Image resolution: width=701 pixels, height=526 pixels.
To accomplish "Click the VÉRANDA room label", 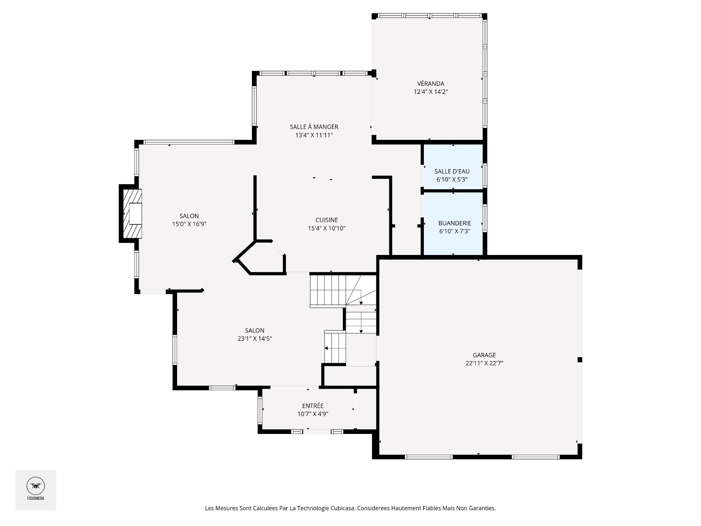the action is click(430, 84).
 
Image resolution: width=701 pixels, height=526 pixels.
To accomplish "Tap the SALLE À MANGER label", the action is click(314, 127).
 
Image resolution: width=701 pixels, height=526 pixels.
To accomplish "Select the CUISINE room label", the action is click(327, 220).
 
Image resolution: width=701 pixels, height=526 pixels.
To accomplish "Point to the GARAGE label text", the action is click(484, 355).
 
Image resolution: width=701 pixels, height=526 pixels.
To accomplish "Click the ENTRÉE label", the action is click(313, 406).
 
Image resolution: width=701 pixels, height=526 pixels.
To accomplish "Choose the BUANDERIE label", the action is click(455, 223).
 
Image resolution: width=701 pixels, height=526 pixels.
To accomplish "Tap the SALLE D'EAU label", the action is click(452, 171).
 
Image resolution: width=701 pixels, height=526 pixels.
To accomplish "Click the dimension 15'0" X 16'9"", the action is click(189, 224).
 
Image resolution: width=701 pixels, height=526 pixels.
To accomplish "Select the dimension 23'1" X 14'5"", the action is click(255, 339).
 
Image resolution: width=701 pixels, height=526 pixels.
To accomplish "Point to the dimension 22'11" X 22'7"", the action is click(484, 363).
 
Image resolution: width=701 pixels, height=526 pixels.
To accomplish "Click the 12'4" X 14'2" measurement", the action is click(431, 92).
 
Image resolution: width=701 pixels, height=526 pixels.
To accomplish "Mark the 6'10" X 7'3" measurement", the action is click(455, 231).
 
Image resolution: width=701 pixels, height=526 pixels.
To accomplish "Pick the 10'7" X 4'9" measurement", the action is click(313, 414).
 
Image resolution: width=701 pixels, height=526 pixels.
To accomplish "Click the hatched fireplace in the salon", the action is click(132, 213).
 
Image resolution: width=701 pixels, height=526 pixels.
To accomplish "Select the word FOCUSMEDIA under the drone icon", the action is click(35, 498).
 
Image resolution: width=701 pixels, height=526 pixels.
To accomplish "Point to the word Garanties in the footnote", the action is click(482, 508).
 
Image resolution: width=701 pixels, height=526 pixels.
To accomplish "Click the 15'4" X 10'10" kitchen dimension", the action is click(327, 229).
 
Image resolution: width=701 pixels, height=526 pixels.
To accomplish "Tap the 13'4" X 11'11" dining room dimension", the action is click(314, 135).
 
